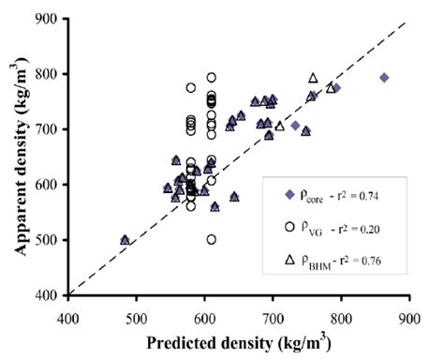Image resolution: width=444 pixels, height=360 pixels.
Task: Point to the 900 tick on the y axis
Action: [46, 19]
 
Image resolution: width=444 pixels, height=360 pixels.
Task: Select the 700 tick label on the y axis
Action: [46, 129]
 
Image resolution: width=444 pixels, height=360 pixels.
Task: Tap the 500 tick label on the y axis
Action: [46, 240]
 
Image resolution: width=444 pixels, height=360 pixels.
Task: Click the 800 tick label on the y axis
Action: [46, 74]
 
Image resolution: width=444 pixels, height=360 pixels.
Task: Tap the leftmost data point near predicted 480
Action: [125, 240]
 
